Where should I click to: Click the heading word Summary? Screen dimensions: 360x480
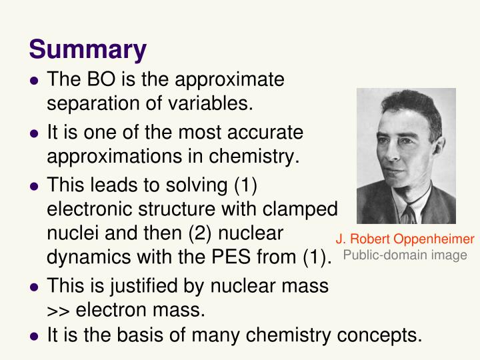click(87, 49)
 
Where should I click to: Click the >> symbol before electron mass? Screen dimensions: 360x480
click(58, 311)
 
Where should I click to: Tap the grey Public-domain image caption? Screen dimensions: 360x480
click(405, 255)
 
